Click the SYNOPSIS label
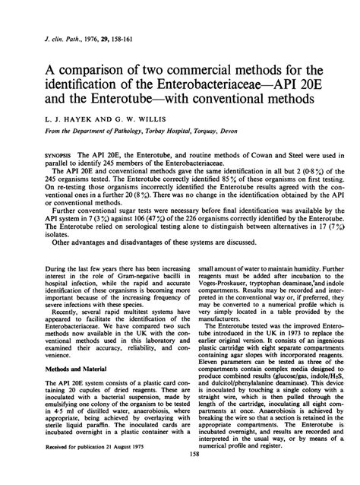pos(43,154)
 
